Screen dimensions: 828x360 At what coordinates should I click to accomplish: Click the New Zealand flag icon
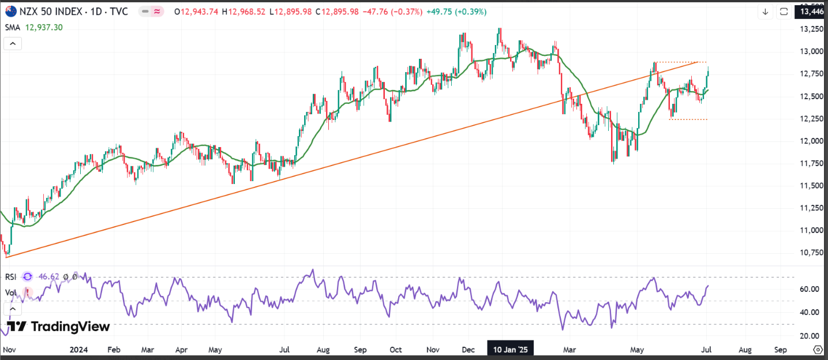pyautogui.click(x=11, y=12)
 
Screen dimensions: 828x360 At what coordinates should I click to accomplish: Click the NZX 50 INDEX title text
pyautogui.click(x=51, y=12)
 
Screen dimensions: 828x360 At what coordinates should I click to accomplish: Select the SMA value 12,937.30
pyautogui.click(x=44, y=27)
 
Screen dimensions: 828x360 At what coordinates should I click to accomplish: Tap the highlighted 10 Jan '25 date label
pyautogui.click(x=511, y=350)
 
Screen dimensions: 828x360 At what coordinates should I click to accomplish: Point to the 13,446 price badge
pyautogui.click(x=811, y=12)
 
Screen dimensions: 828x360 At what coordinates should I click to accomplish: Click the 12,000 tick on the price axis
pyautogui.click(x=811, y=141)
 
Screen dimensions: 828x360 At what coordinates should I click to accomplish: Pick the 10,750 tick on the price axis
pyautogui.click(x=811, y=253)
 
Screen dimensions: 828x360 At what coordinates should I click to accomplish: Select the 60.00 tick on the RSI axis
pyautogui.click(x=810, y=289)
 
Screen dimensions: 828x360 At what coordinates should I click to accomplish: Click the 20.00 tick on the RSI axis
pyautogui.click(x=810, y=336)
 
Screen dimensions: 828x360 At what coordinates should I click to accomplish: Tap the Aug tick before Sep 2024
pyautogui.click(x=324, y=350)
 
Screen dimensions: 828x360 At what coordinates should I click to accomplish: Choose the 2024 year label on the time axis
pyautogui.click(x=78, y=350)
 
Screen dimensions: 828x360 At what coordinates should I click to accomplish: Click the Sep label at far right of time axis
pyautogui.click(x=780, y=350)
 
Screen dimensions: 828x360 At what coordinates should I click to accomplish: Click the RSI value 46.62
pyautogui.click(x=49, y=276)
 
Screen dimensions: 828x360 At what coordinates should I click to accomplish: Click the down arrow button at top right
pyautogui.click(x=765, y=12)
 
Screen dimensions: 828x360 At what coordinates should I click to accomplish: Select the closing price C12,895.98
pyautogui.click(x=337, y=12)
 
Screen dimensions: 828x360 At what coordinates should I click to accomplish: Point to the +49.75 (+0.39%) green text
pyautogui.click(x=456, y=12)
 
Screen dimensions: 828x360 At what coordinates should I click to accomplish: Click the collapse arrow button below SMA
pyautogui.click(x=13, y=44)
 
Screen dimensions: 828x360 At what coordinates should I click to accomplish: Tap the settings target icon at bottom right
pyautogui.click(x=818, y=349)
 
